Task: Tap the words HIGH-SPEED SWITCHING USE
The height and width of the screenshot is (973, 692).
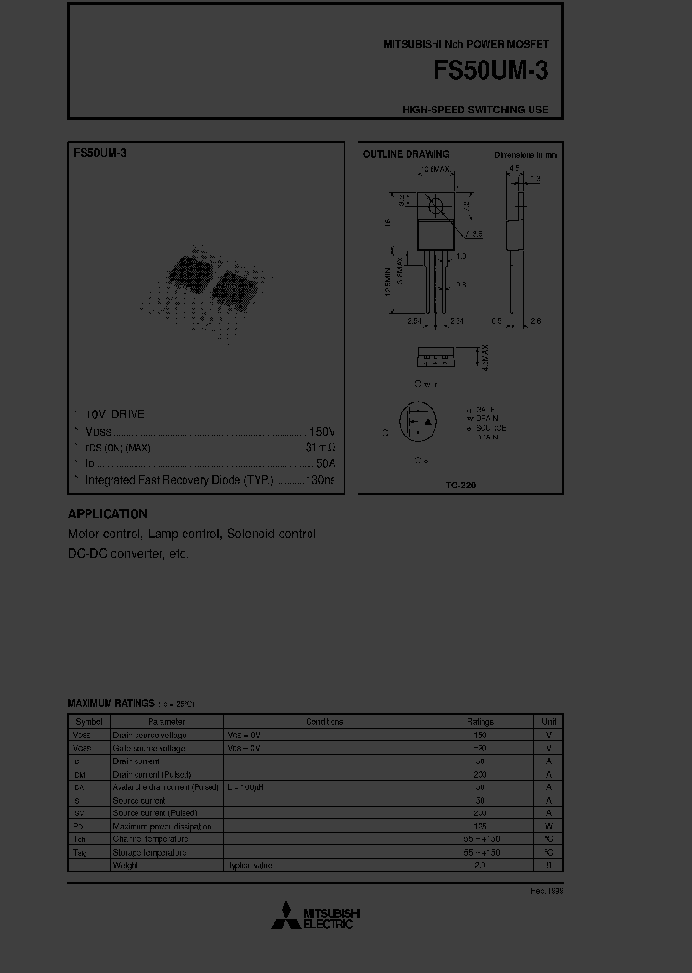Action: (x=475, y=110)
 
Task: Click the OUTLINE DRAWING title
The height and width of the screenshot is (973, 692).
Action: (x=406, y=154)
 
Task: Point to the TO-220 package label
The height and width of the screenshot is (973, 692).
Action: (x=460, y=486)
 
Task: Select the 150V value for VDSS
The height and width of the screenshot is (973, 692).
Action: (x=322, y=432)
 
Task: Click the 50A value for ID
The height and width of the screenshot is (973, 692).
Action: (x=326, y=463)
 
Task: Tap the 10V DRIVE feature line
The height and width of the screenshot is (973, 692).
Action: (x=114, y=414)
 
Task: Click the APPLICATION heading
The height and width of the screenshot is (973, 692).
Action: (x=108, y=514)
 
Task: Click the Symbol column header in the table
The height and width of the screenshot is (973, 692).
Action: (x=88, y=721)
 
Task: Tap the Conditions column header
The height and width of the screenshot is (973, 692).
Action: (x=324, y=721)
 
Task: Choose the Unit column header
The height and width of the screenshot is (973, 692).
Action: (x=548, y=721)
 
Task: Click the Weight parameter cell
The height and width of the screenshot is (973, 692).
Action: (x=125, y=865)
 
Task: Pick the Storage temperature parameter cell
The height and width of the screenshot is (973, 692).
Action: (x=149, y=852)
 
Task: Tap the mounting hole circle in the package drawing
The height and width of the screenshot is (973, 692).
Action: (x=433, y=204)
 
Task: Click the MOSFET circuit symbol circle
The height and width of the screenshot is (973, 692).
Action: (x=417, y=424)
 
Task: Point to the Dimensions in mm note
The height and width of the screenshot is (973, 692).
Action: (x=526, y=154)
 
